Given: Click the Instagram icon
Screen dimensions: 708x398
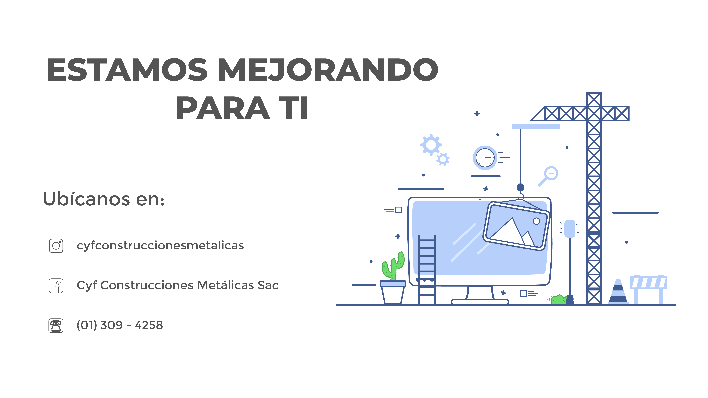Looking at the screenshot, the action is (x=56, y=246).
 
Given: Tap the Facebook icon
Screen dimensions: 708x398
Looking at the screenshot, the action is (x=56, y=286).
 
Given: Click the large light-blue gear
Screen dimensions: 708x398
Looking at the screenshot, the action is (x=431, y=145).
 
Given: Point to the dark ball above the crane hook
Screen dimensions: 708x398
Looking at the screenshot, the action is (x=520, y=187).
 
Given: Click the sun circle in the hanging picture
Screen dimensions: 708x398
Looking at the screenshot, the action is (x=536, y=221).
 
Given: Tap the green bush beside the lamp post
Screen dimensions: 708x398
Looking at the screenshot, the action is (x=558, y=300).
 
